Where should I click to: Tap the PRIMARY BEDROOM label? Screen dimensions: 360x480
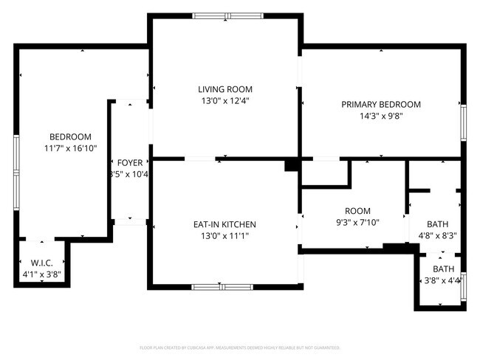point(380,105)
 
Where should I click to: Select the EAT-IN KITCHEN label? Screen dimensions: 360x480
point(224,224)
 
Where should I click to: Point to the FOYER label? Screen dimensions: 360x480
point(129,162)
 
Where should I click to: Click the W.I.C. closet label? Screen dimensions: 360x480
point(41,263)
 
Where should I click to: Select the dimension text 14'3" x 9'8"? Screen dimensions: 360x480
point(380,116)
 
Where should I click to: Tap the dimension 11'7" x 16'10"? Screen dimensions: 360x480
point(70,148)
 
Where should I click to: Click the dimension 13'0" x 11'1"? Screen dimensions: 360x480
point(224,236)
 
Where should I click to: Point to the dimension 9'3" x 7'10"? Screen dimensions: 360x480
point(357,222)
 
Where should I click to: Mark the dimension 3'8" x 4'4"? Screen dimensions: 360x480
point(442,280)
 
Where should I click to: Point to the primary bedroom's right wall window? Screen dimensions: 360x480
point(464,122)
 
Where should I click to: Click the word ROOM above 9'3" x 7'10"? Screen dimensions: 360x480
point(357,211)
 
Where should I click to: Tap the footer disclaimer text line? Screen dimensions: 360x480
point(239,347)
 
